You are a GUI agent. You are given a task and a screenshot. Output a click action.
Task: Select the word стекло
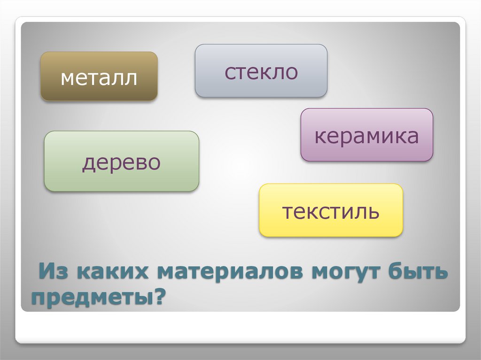click(x=261, y=72)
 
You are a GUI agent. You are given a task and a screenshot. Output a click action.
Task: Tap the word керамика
click(x=366, y=136)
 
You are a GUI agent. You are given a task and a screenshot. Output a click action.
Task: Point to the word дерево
click(x=121, y=162)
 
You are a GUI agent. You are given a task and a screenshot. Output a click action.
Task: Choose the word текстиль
click(x=331, y=211)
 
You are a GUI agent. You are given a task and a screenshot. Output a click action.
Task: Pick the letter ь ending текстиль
click(x=374, y=212)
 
